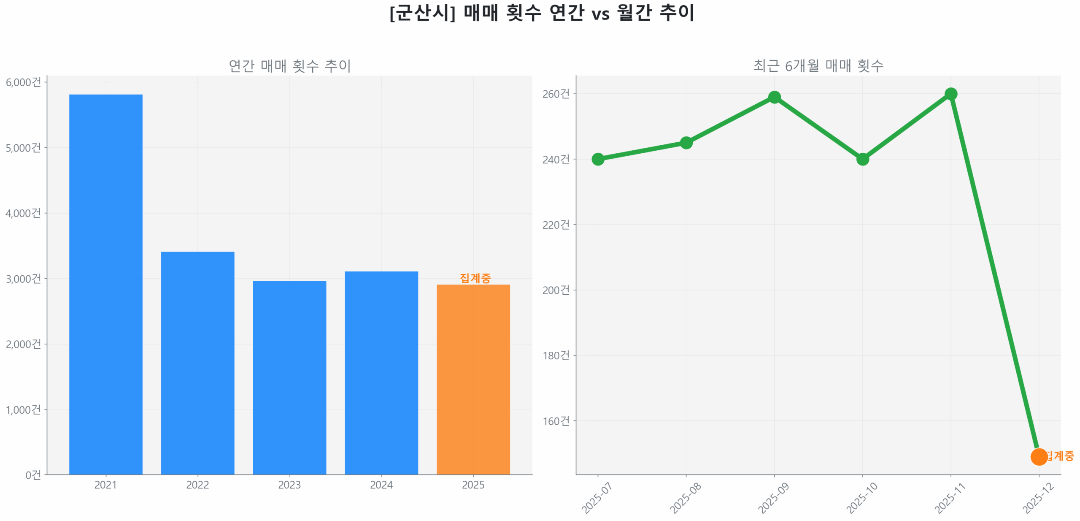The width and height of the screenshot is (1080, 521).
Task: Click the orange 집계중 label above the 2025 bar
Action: [475, 278]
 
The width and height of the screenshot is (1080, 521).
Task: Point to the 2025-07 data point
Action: [597, 159]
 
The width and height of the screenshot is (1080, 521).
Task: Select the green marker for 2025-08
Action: [686, 143]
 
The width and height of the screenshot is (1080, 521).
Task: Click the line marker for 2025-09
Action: [774, 97]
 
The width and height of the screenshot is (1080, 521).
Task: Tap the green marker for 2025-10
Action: [862, 159]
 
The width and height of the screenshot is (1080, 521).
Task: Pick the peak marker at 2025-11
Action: [950, 94]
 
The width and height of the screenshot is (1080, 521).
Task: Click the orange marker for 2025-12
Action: [1038, 456]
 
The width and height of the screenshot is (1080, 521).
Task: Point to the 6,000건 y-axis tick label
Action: [24, 82]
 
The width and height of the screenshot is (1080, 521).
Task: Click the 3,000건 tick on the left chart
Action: [24, 278]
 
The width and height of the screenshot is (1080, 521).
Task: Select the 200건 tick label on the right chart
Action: [556, 290]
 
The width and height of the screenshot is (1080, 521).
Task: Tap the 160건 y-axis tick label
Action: [556, 421]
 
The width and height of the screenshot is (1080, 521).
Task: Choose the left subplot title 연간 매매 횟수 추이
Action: [289, 65]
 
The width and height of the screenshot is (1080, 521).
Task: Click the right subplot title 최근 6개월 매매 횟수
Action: [818, 65]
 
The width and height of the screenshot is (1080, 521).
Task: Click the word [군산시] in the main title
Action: [422, 13]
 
